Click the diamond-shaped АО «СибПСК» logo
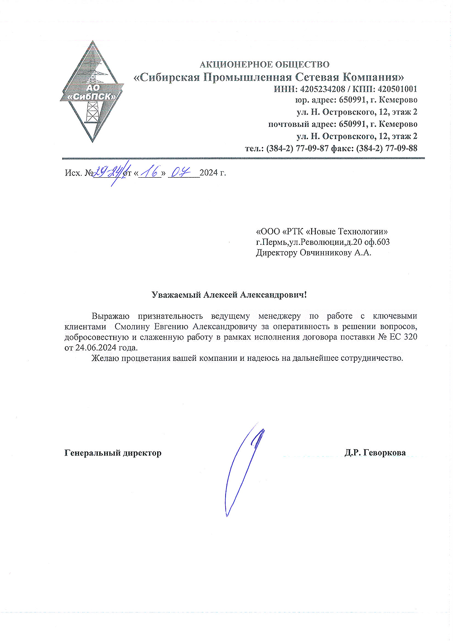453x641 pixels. click(92, 92)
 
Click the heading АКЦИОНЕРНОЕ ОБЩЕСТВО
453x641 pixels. click(265, 64)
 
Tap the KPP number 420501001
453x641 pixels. click(397, 89)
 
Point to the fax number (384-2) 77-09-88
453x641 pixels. click(387, 148)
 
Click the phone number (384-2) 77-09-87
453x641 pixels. click(298, 148)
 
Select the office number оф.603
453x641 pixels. click(377, 242)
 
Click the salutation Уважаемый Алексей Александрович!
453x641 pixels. click(229, 295)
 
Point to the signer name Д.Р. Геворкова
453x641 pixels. click(375, 453)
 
